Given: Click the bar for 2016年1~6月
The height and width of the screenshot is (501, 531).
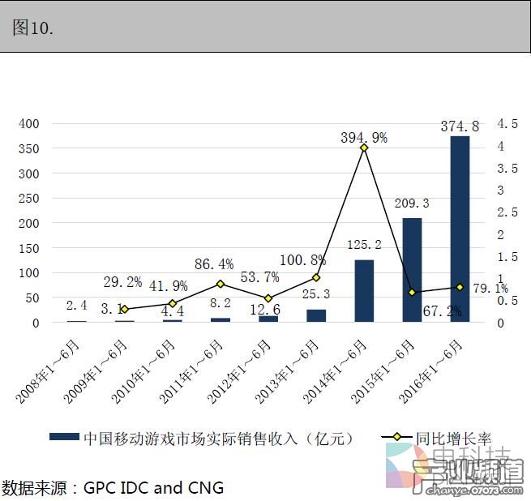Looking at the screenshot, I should (x=460, y=229).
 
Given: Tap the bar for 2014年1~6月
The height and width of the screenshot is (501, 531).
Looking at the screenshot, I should (x=364, y=291).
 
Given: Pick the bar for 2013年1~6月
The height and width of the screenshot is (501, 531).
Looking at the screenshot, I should (x=316, y=315).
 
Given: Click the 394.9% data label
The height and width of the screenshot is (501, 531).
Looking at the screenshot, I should (x=364, y=138).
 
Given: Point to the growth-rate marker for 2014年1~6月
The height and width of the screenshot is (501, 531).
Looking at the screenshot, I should (x=364, y=148).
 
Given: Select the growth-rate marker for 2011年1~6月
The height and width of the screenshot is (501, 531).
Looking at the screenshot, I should (x=221, y=284).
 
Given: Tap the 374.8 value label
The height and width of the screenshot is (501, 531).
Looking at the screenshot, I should (x=460, y=126).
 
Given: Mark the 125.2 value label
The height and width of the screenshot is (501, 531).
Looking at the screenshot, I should (x=364, y=245).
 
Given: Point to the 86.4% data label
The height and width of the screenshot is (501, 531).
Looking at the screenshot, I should (x=214, y=264).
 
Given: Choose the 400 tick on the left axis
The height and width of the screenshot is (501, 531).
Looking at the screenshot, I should (x=29, y=124).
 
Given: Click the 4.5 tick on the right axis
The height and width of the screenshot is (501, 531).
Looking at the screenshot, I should (x=507, y=124).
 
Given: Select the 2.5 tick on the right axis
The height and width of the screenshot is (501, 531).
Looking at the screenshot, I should (x=507, y=212).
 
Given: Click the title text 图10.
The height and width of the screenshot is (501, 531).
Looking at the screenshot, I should (x=34, y=28).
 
